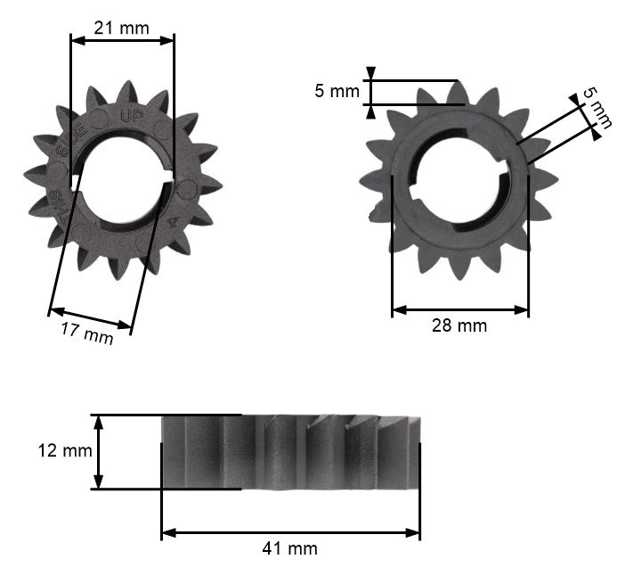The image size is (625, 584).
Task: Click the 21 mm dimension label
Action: pyautogui.click(x=122, y=28)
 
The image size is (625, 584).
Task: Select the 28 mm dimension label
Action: pyautogui.click(x=459, y=326)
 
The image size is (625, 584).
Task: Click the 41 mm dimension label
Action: pyautogui.click(x=290, y=548)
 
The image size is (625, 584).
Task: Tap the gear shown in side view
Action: pyautogui.click(x=289, y=452)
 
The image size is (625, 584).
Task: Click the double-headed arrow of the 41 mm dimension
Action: pyautogui.click(x=290, y=532)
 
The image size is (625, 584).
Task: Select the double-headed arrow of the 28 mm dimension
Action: pyautogui.click(x=459, y=310)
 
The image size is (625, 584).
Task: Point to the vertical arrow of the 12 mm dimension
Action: pyautogui.click(x=99, y=451)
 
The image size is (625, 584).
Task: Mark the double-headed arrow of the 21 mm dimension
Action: pyautogui.click(x=122, y=40)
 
